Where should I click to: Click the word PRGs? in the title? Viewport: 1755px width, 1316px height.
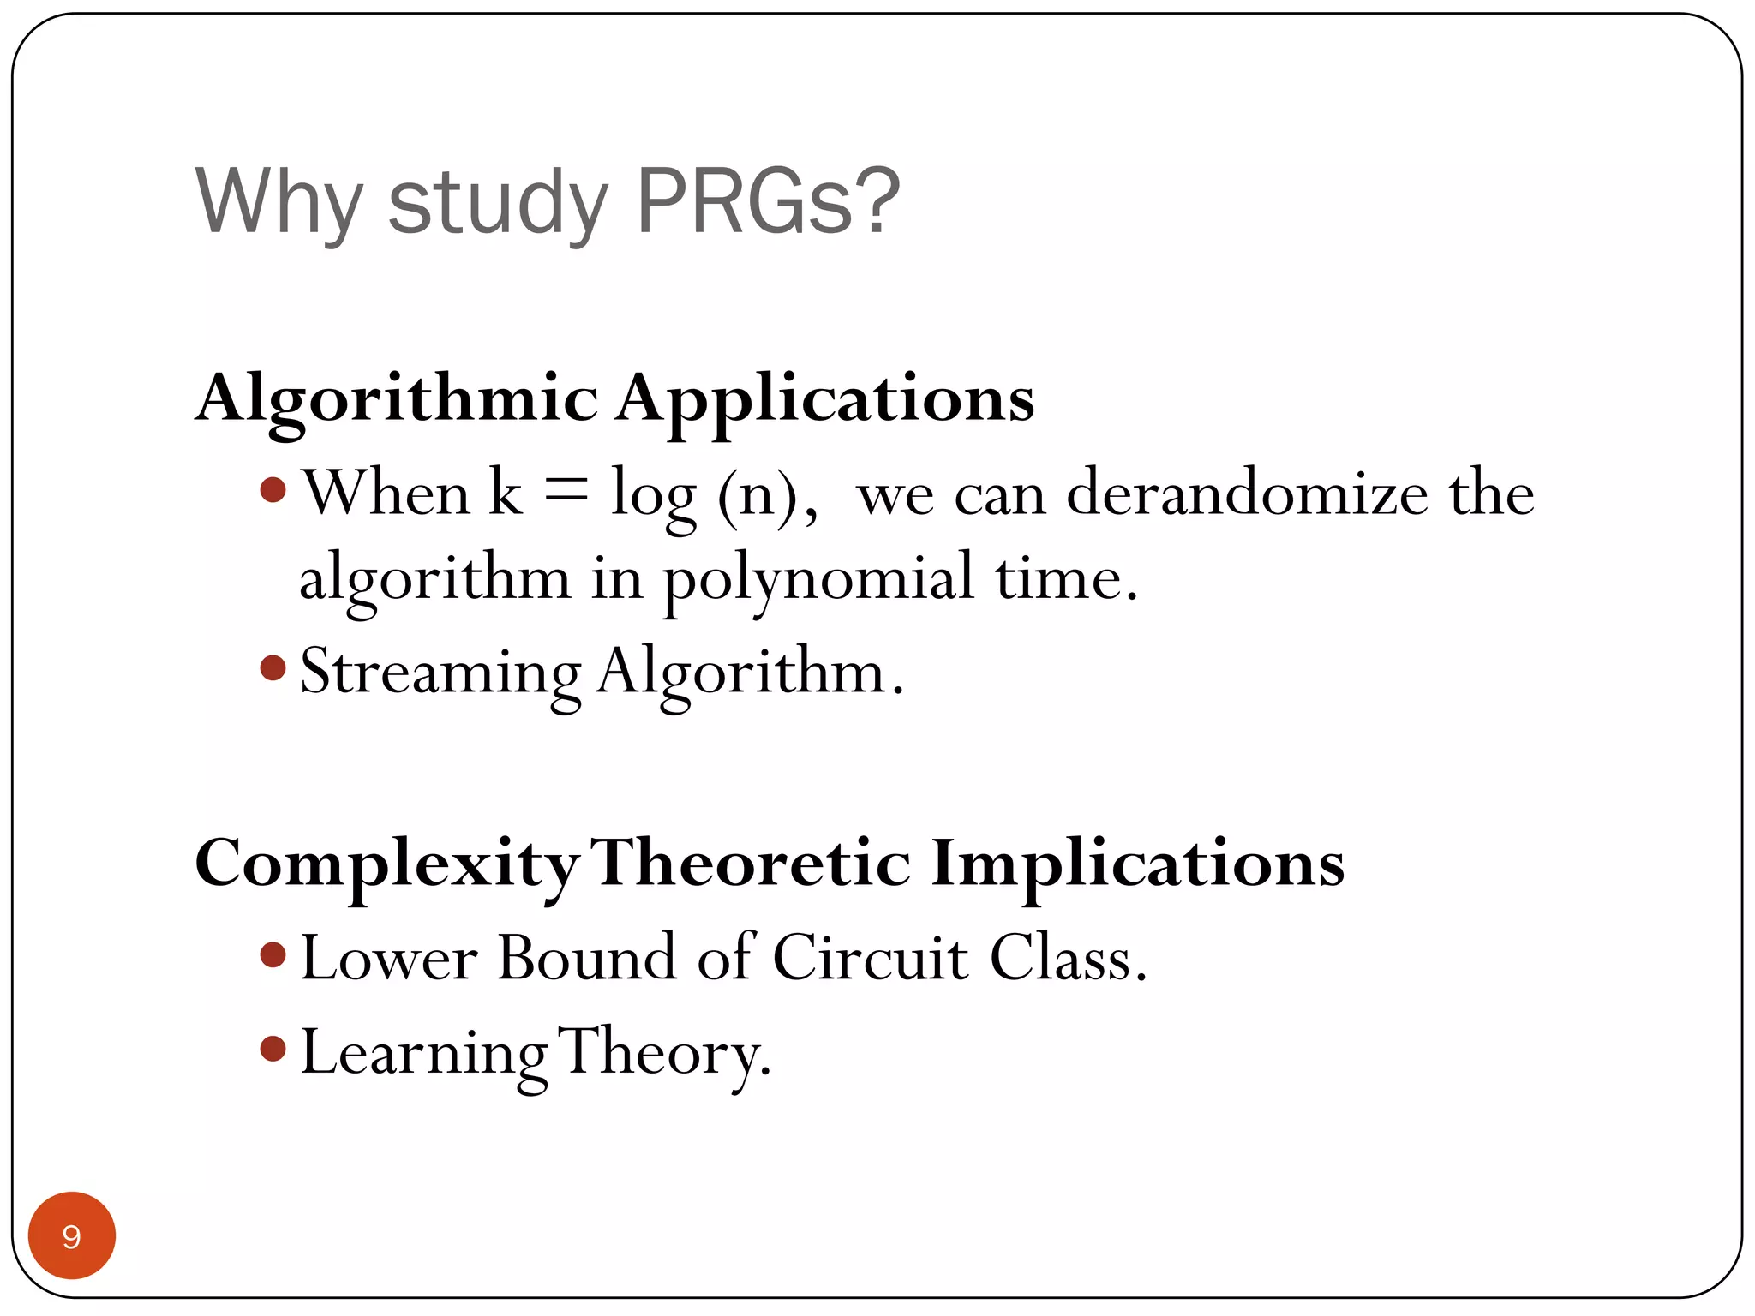pyautogui.click(x=768, y=200)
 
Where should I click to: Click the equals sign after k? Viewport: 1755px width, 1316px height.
pyautogui.click(x=566, y=491)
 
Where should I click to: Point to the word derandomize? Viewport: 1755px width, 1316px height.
pyautogui.click(x=1247, y=493)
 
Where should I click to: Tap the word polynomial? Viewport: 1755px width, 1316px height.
pyautogui.click(x=819, y=579)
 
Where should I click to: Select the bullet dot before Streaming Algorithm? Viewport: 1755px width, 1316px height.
pyautogui.click(x=273, y=667)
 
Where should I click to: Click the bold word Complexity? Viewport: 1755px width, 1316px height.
pyautogui.click(x=386, y=864)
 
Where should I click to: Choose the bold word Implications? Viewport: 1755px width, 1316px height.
pyautogui.click(x=1137, y=864)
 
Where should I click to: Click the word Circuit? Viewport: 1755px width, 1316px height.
pyautogui.click(x=870, y=957)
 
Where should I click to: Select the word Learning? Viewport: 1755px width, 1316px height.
pyautogui.click(x=423, y=1053)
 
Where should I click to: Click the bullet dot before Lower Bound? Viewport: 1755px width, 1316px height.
pyautogui.click(x=273, y=954)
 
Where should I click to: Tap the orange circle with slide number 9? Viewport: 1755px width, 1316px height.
pyautogui.click(x=72, y=1235)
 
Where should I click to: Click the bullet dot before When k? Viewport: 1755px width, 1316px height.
pyautogui.click(x=273, y=490)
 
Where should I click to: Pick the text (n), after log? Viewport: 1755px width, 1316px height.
pyautogui.click(x=768, y=495)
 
